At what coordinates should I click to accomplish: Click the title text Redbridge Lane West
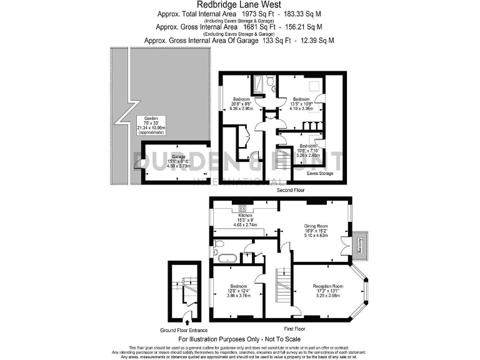(240, 4)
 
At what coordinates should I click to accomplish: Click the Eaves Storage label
(319, 173)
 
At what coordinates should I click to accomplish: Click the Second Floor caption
(292, 189)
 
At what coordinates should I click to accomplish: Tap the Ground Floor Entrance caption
(184, 330)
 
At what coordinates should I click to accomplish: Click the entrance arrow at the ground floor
(187, 321)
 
